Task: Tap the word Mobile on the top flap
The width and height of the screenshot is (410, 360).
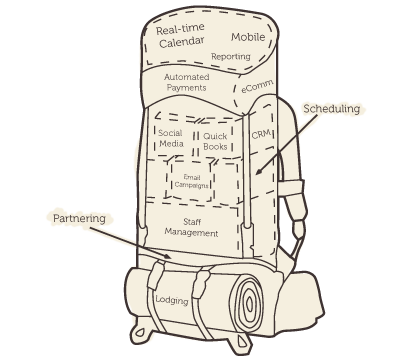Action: (x=248, y=37)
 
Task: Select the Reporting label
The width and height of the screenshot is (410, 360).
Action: (x=231, y=56)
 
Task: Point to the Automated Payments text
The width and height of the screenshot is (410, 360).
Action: (x=187, y=82)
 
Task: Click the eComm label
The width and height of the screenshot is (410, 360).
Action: (x=257, y=86)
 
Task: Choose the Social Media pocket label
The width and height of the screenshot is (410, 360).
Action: (x=171, y=138)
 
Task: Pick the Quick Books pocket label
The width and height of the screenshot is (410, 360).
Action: (x=215, y=141)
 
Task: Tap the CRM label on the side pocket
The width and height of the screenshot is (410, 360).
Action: (x=262, y=134)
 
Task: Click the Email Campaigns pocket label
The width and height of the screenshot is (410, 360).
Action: (x=192, y=181)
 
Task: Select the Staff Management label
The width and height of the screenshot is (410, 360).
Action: (x=192, y=227)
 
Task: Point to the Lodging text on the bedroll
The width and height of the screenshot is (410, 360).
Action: (x=172, y=299)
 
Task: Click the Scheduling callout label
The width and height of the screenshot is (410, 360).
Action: (x=332, y=109)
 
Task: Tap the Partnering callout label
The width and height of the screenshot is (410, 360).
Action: (x=79, y=219)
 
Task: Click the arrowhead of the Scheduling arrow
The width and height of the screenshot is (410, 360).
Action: (x=258, y=172)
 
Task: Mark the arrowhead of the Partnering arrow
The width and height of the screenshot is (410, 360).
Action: (x=169, y=256)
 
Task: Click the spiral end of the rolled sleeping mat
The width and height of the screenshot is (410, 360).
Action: (x=249, y=303)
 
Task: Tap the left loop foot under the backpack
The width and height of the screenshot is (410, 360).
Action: (x=140, y=332)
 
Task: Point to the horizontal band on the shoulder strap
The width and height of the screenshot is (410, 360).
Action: (x=291, y=188)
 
